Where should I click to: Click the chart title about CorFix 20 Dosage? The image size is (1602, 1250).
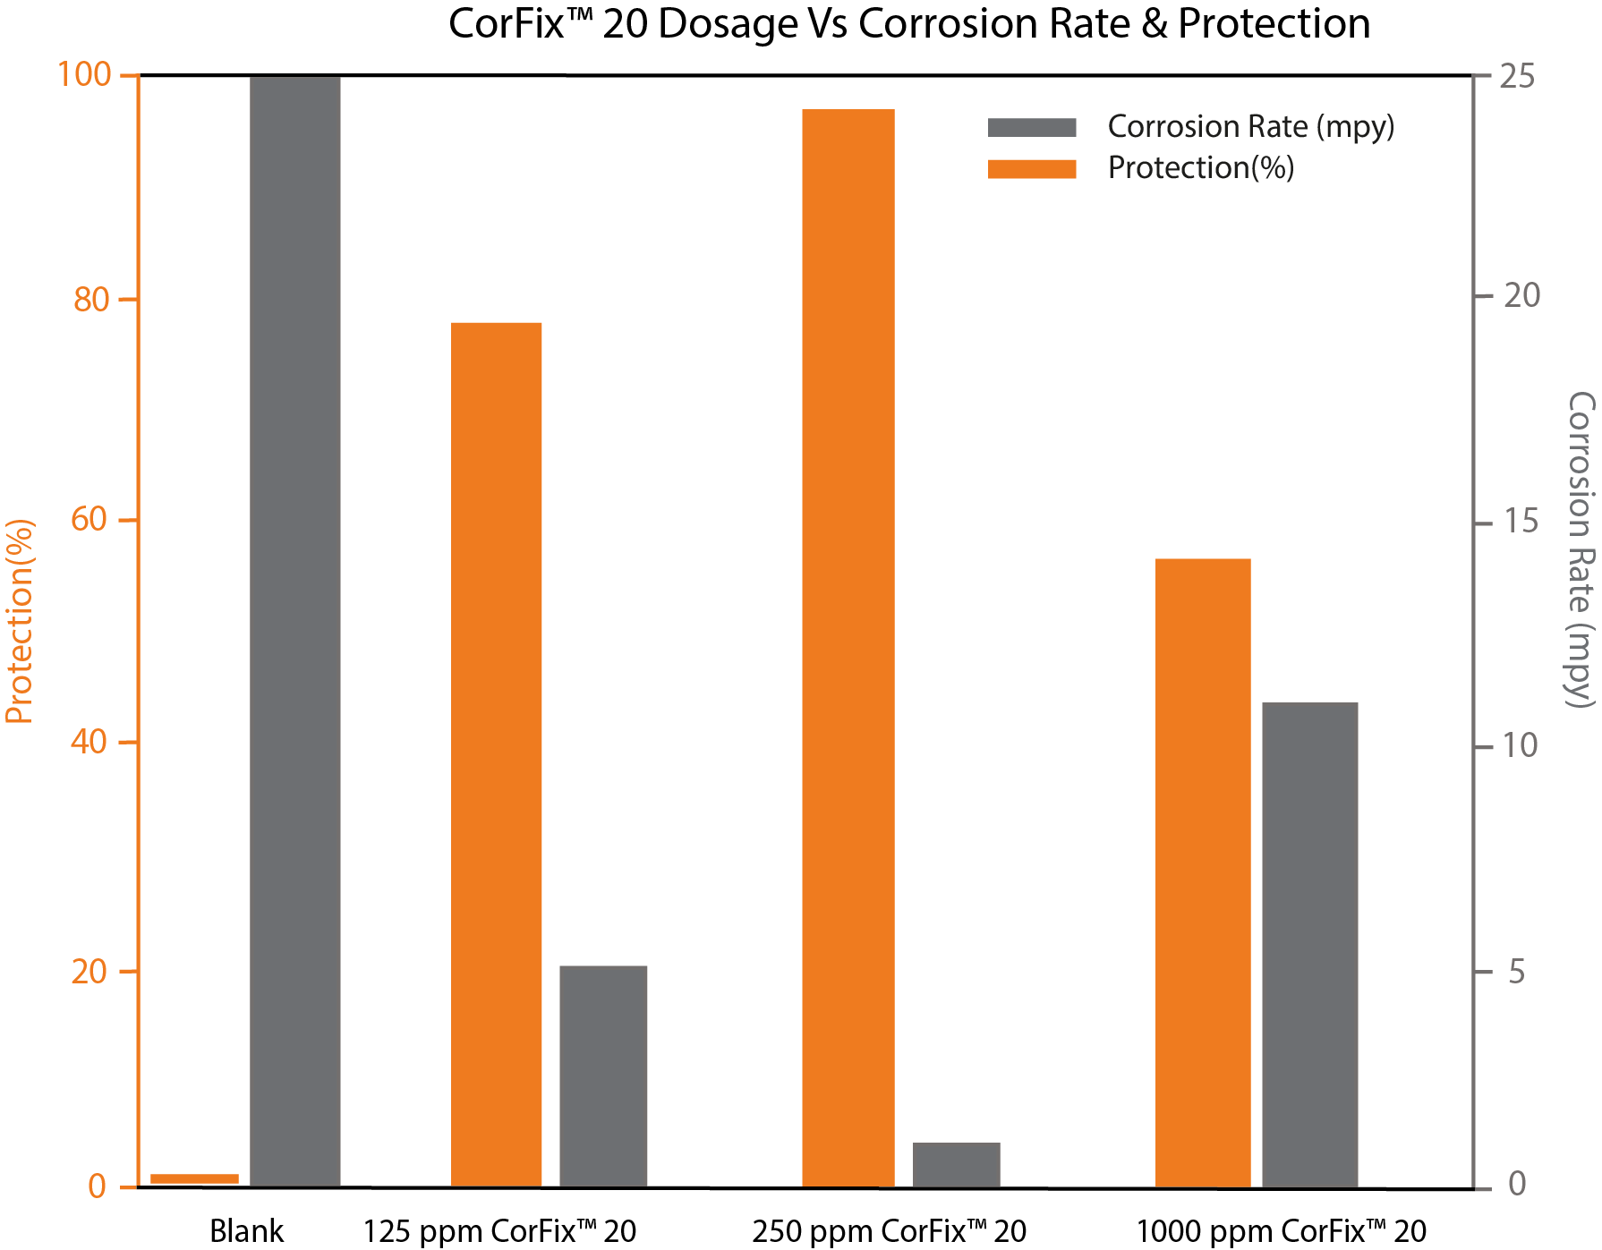click(908, 24)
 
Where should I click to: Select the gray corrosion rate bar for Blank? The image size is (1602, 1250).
click(294, 631)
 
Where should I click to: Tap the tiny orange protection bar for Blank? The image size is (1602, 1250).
click(194, 1178)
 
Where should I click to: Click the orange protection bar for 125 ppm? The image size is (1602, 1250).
click(496, 754)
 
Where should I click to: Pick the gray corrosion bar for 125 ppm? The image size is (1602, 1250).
click(603, 1076)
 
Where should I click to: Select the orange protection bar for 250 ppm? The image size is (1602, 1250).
click(848, 648)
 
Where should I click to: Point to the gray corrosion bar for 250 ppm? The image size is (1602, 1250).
click(956, 1164)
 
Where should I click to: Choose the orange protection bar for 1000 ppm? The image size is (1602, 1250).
click(1202, 872)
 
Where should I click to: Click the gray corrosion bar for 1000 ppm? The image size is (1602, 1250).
click(1309, 945)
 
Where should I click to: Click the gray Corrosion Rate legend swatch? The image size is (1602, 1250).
click(1031, 127)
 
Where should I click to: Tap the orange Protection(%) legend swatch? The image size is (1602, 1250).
click(1031, 169)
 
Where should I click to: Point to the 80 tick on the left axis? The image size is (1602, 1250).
click(91, 299)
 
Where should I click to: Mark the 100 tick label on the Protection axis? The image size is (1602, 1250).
click(84, 75)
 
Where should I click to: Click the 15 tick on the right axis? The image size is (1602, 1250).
click(1521, 522)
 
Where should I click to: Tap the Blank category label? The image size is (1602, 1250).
click(246, 1231)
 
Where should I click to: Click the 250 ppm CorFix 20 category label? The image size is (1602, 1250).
click(889, 1231)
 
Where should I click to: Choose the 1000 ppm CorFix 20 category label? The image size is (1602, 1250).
click(1281, 1231)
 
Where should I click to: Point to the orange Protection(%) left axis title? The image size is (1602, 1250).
click(19, 621)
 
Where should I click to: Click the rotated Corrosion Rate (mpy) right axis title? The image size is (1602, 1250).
click(1581, 548)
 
